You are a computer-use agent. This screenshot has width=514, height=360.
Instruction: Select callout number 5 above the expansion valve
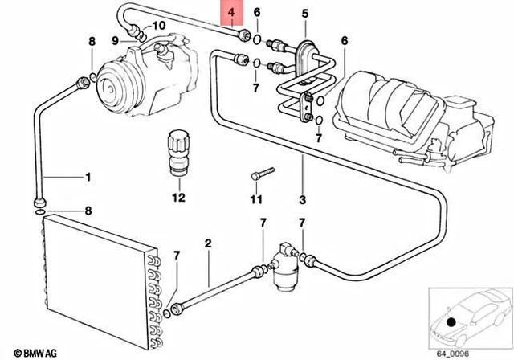click(x=304, y=14)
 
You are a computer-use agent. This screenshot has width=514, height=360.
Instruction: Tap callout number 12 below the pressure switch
click(x=177, y=197)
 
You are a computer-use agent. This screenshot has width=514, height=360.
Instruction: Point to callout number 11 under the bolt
click(x=256, y=198)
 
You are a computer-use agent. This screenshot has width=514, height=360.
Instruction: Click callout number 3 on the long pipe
click(x=304, y=198)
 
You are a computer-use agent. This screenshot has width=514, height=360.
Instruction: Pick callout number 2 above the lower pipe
click(x=207, y=243)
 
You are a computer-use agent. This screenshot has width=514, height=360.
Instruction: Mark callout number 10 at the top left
click(x=158, y=26)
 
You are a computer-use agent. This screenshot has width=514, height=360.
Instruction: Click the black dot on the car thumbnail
click(x=451, y=323)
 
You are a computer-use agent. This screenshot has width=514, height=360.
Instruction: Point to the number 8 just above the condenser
click(x=89, y=211)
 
